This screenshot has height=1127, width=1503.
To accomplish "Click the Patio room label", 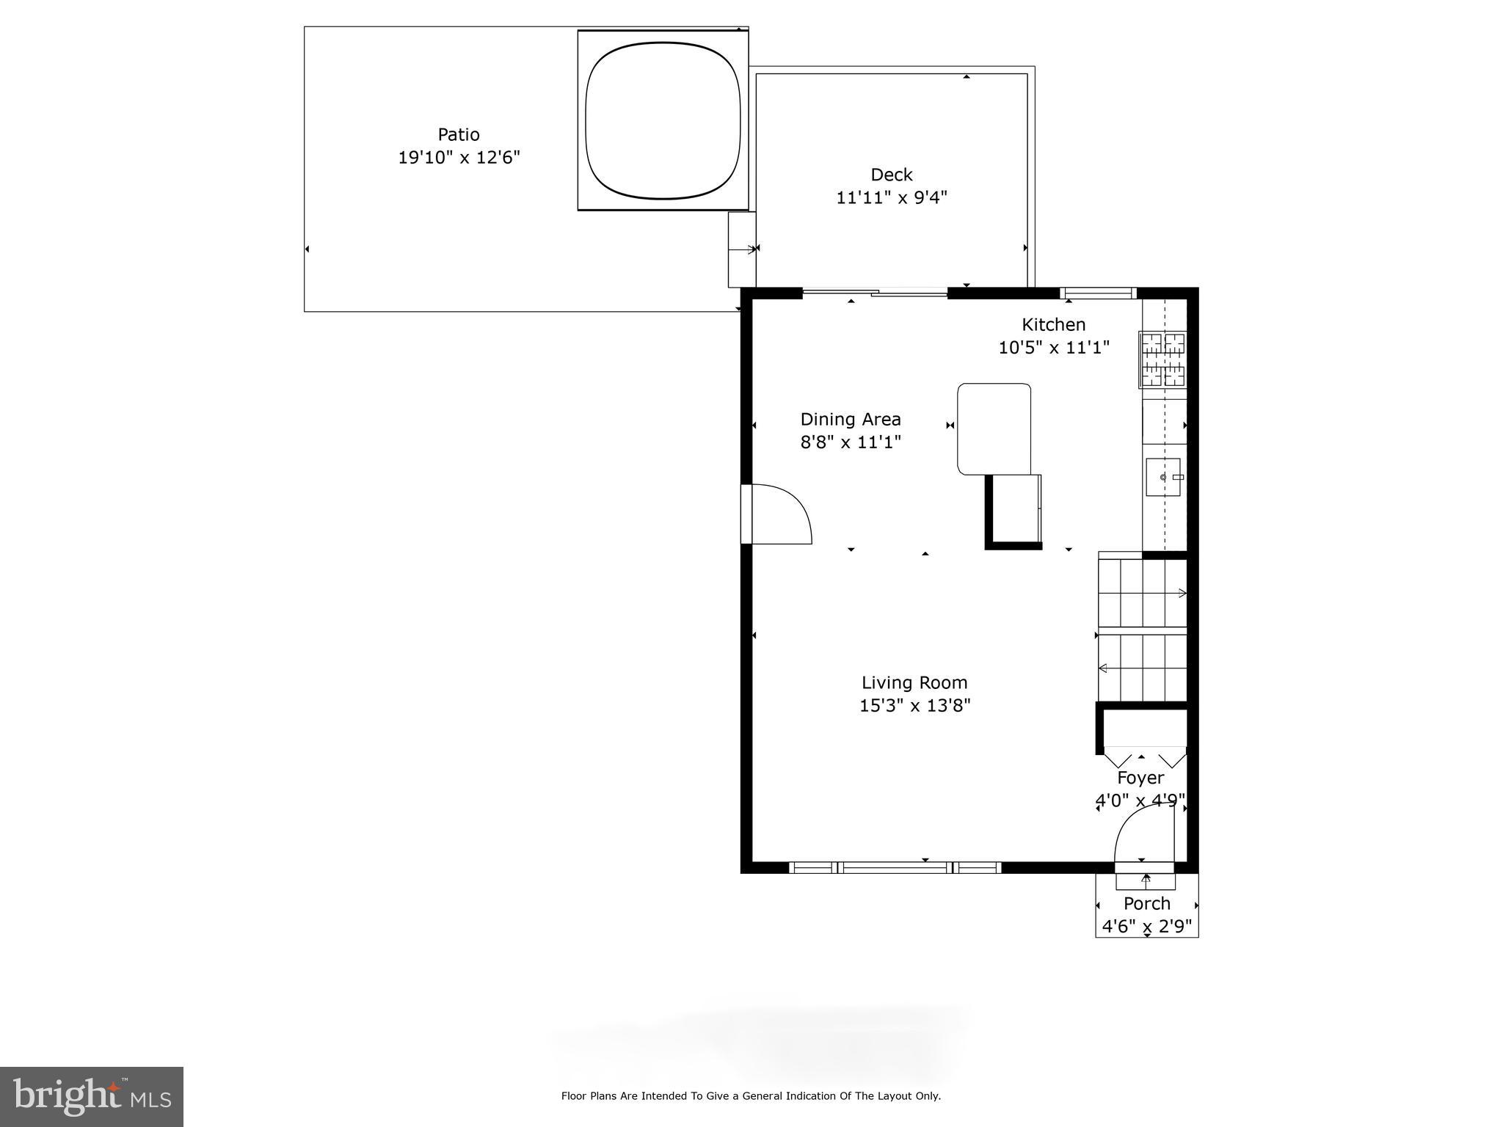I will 459,135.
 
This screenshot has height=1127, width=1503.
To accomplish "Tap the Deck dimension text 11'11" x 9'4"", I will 892,197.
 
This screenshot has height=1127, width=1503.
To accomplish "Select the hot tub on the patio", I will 663,120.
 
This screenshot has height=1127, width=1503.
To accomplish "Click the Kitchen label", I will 1053,324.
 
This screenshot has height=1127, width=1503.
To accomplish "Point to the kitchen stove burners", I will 1162,360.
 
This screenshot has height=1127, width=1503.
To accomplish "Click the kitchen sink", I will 1163,477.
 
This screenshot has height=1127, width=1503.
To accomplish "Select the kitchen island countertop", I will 994,428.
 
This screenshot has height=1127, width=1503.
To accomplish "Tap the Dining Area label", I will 850,420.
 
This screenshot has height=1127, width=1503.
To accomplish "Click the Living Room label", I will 914,682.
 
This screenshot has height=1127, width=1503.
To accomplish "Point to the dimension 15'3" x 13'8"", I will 914,706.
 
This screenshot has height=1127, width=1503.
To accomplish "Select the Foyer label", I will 1140,778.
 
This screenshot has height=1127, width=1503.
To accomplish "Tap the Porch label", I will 1146,903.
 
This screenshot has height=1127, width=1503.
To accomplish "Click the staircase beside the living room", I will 1142,630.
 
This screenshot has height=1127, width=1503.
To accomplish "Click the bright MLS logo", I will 92,1096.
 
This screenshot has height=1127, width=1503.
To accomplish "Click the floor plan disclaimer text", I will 751,1096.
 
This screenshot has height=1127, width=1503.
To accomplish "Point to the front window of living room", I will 895,867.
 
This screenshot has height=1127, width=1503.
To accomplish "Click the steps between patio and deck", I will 741,249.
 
